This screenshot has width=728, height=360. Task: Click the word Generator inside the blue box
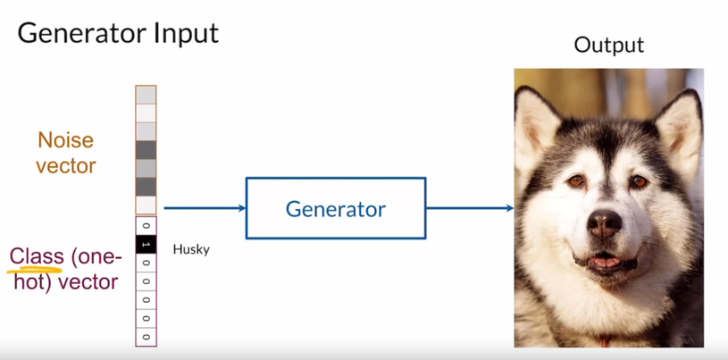(x=335, y=209)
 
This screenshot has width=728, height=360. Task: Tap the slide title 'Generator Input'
(x=118, y=34)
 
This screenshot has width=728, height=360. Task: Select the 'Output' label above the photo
(x=608, y=46)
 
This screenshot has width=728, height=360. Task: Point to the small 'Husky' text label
(x=191, y=249)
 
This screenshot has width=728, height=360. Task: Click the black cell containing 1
(x=146, y=244)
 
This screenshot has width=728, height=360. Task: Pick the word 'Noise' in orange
(x=65, y=140)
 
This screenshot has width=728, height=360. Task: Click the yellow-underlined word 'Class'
(x=36, y=257)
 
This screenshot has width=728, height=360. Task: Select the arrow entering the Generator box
(x=205, y=208)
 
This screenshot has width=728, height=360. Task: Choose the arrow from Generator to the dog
(x=470, y=208)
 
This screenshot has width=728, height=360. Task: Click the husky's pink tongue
(x=607, y=262)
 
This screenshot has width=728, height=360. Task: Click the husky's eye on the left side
(x=574, y=182)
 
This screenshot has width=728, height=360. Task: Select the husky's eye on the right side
(x=639, y=182)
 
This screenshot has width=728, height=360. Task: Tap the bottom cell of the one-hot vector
(x=146, y=337)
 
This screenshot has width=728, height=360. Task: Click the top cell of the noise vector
(x=146, y=95)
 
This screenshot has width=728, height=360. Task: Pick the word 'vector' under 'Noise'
(x=65, y=165)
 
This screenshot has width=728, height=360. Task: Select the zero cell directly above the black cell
(x=146, y=225)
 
